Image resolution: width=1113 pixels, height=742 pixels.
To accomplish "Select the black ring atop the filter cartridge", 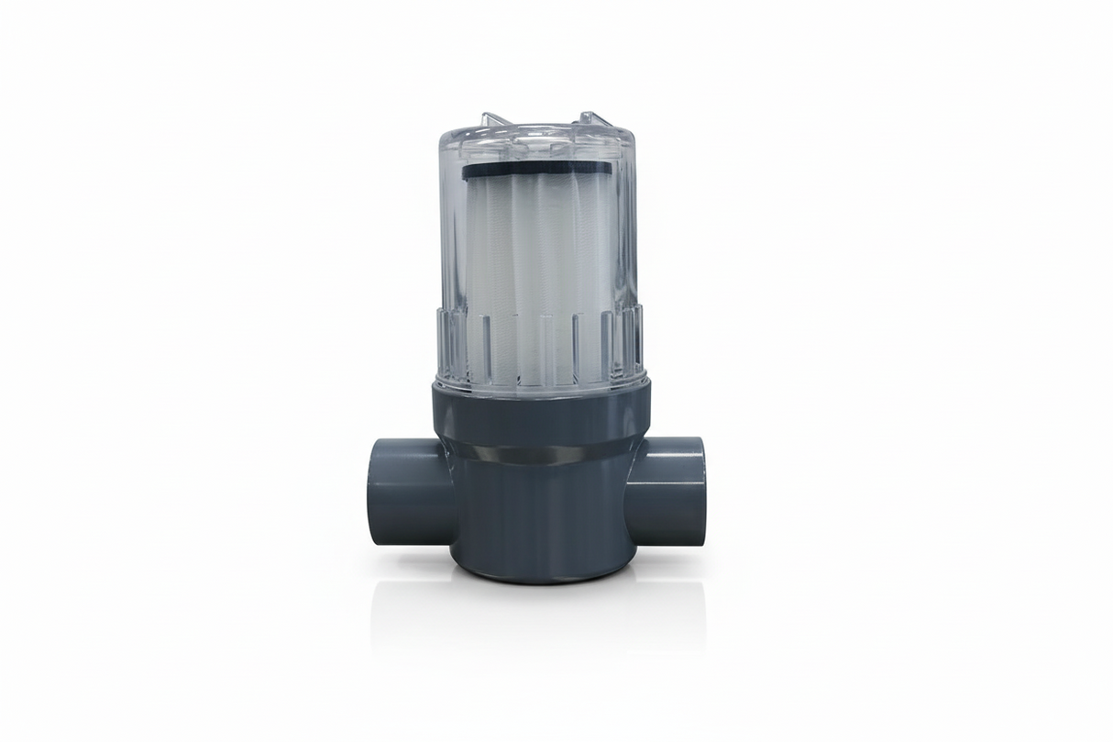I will click(537, 171).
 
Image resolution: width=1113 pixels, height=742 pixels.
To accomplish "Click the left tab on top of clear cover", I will click(491, 120).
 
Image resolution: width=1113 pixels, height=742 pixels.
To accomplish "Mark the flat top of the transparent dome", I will click(537, 138).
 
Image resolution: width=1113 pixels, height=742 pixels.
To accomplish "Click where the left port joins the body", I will click(449, 495).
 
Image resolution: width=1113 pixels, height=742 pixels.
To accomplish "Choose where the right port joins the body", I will click(631, 495).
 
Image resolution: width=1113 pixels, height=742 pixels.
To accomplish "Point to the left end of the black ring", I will click(466, 170).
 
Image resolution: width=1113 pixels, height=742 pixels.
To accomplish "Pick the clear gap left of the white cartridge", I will click(450, 275).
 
